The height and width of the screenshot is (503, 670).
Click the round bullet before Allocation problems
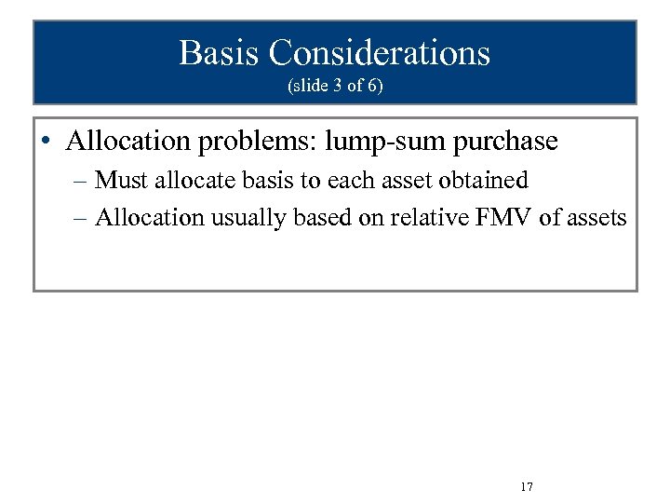(x=46, y=142)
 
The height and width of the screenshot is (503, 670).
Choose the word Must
(x=122, y=180)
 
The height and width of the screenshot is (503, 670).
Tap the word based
(x=322, y=218)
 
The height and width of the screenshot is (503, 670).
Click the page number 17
(x=527, y=487)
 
